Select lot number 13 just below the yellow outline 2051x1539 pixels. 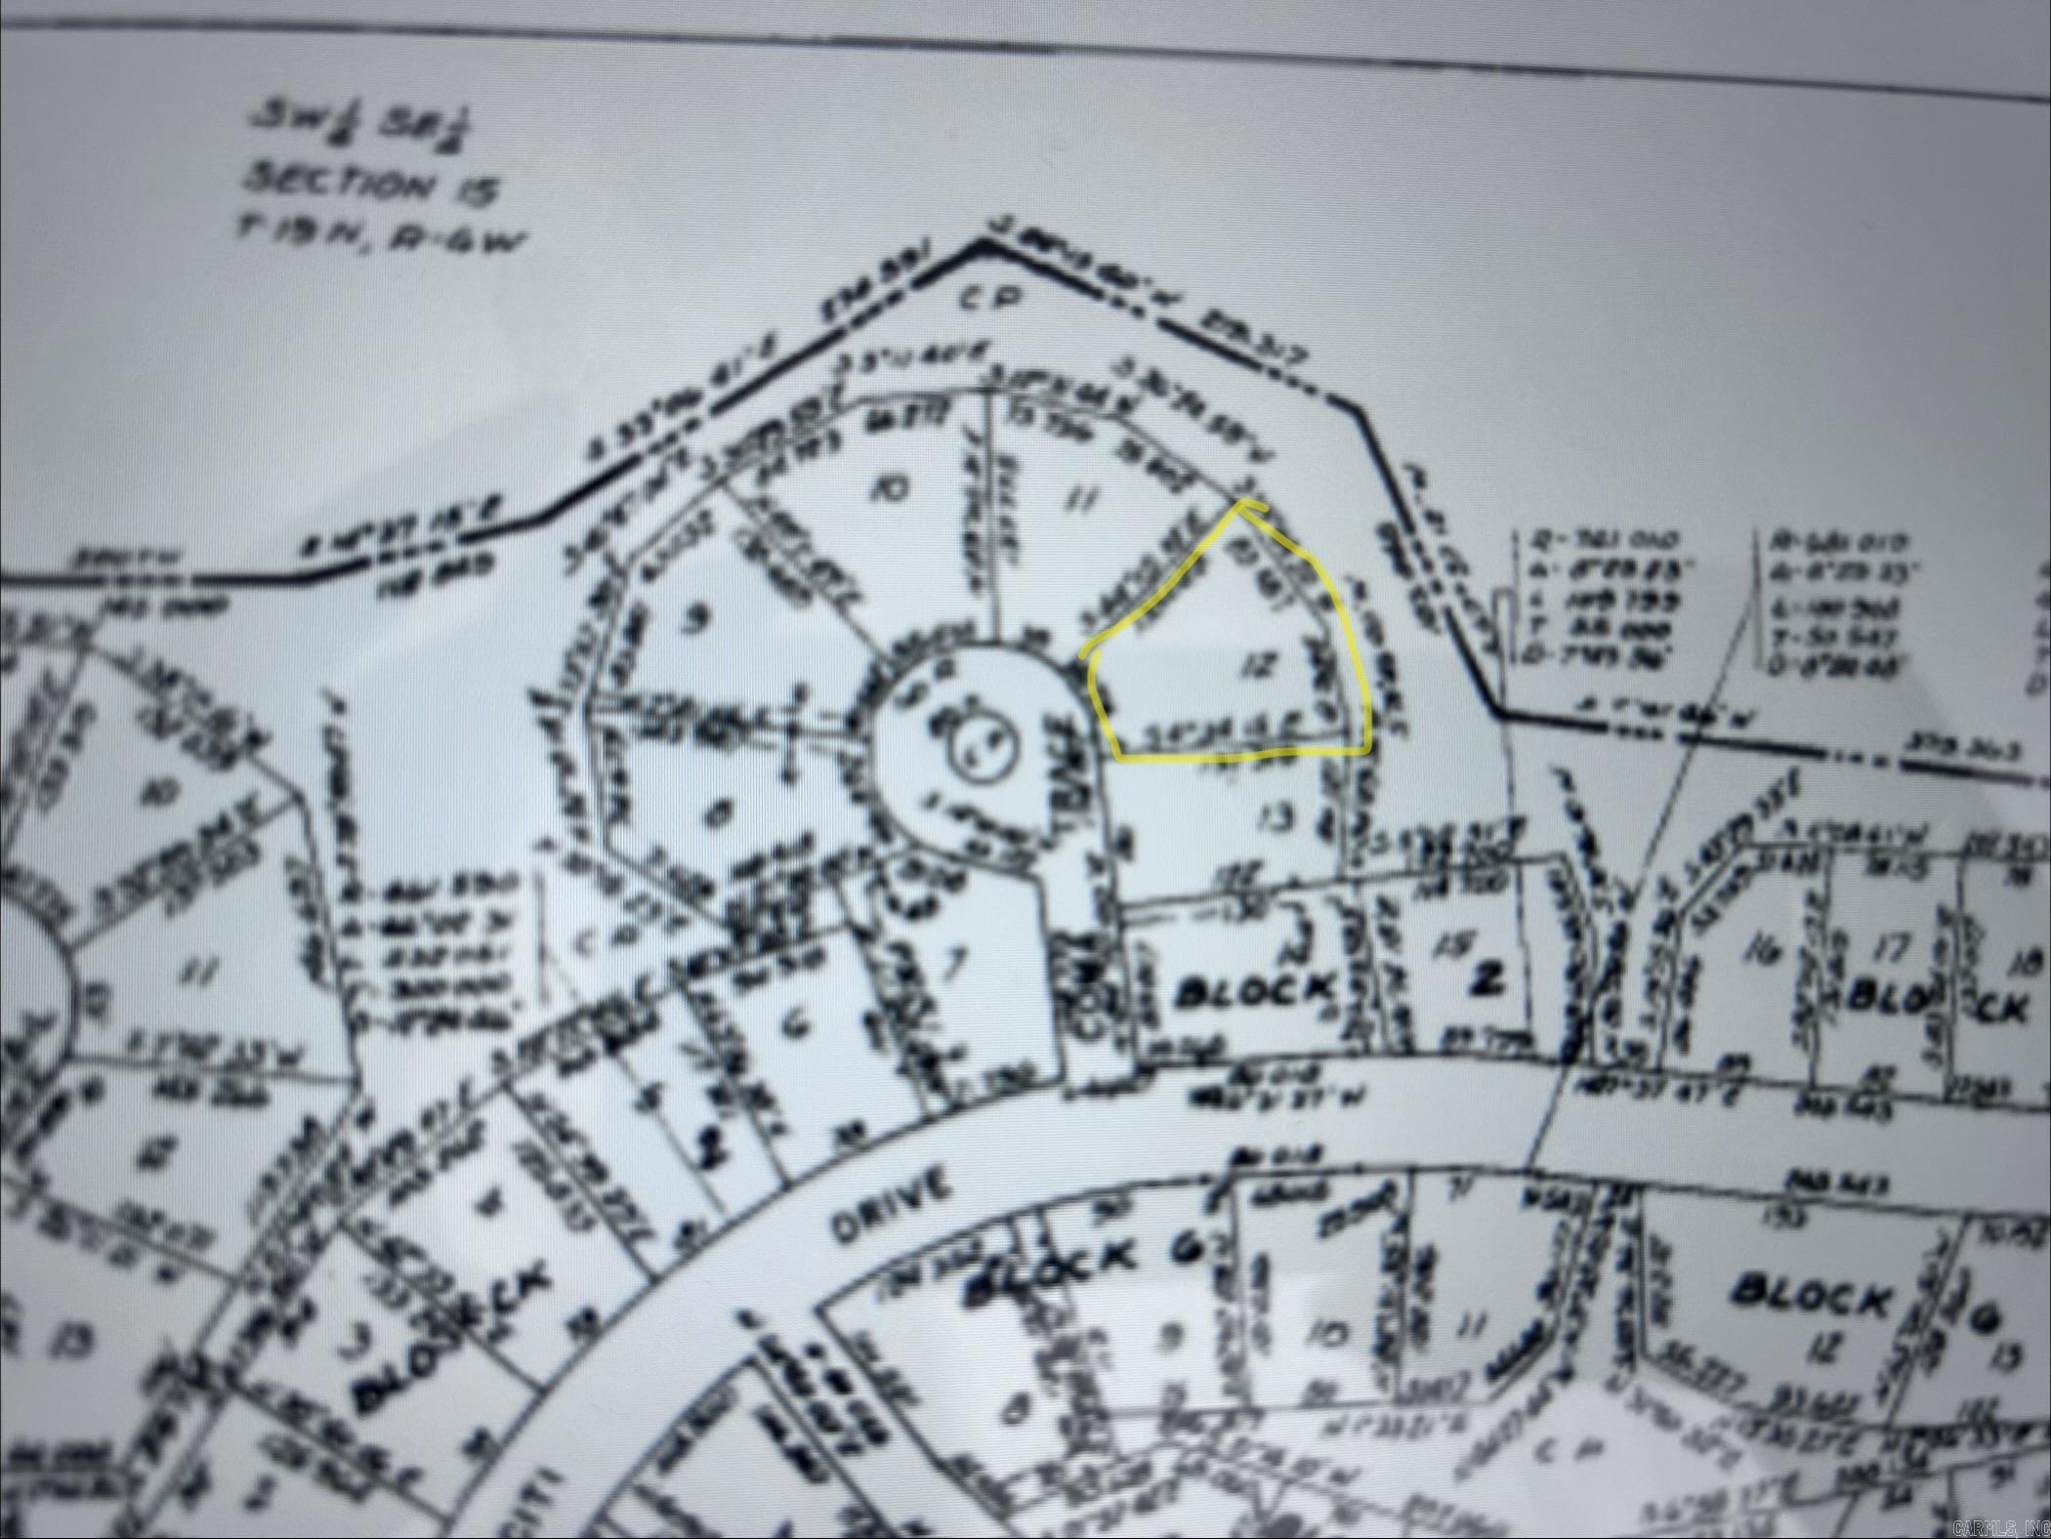click(x=1271, y=812)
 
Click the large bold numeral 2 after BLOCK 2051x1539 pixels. click(x=1485, y=980)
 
